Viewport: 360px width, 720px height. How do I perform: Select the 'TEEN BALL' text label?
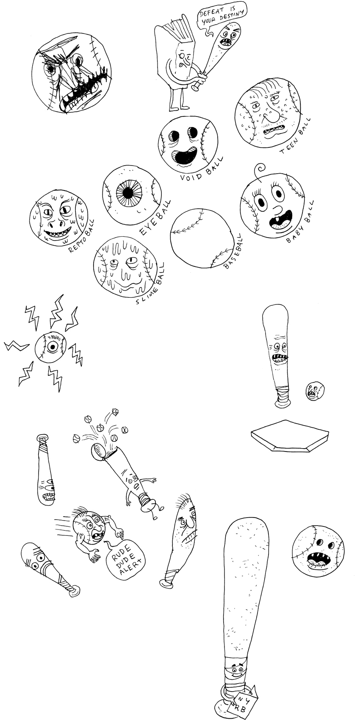click(x=295, y=136)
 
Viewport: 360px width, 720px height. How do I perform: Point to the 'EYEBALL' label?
click(x=155, y=218)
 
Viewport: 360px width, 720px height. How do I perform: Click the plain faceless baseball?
click(x=202, y=238)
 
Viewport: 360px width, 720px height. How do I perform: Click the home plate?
click(x=290, y=435)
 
